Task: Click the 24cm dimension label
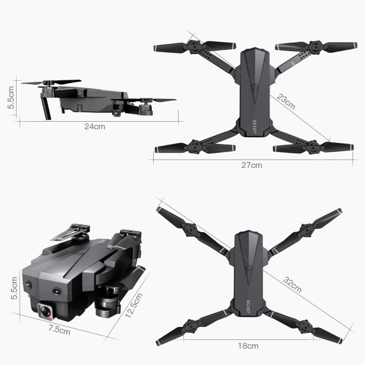pyautogui.click(x=94, y=127)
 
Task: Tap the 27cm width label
pyautogui.click(x=252, y=165)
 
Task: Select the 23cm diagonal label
pyautogui.click(x=286, y=101)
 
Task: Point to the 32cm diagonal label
pyautogui.click(x=292, y=285)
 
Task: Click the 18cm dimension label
pyautogui.click(x=248, y=346)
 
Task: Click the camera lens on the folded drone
pyautogui.click(x=46, y=310)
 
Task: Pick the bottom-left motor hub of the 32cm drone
pyautogui.click(x=190, y=325)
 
